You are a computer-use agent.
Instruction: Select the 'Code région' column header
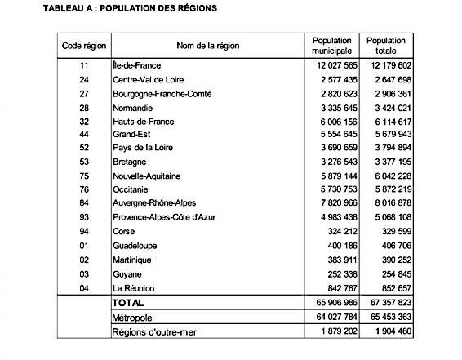84,45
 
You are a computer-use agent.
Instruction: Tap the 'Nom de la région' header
207,45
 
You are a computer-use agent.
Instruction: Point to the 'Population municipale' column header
331,45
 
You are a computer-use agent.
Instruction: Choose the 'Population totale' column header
386,45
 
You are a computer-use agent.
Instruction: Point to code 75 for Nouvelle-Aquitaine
84,175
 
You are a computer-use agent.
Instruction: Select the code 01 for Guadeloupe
84,244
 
